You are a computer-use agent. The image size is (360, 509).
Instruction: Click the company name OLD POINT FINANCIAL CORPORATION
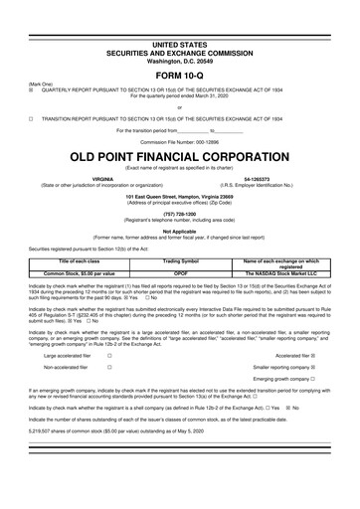point(180,158)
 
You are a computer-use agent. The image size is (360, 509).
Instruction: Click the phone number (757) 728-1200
point(180,212)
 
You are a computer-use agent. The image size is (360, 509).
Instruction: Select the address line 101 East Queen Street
point(180,195)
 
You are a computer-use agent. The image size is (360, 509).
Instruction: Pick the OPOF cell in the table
point(180,271)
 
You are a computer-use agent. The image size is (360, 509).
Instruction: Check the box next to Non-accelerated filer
point(108,366)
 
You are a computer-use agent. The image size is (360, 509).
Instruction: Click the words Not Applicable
point(180,230)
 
